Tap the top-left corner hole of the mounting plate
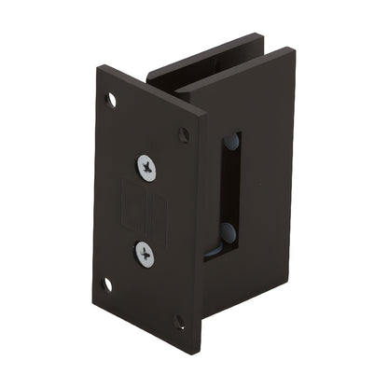click(x=112, y=98)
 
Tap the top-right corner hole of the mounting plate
click(x=184, y=135)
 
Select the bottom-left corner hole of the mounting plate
click(x=107, y=284)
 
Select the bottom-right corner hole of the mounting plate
click(x=179, y=322)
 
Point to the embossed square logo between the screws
click(x=146, y=209)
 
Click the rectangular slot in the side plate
click(x=230, y=196)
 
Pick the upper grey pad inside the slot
click(x=230, y=145)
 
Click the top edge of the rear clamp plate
click(x=201, y=54)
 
